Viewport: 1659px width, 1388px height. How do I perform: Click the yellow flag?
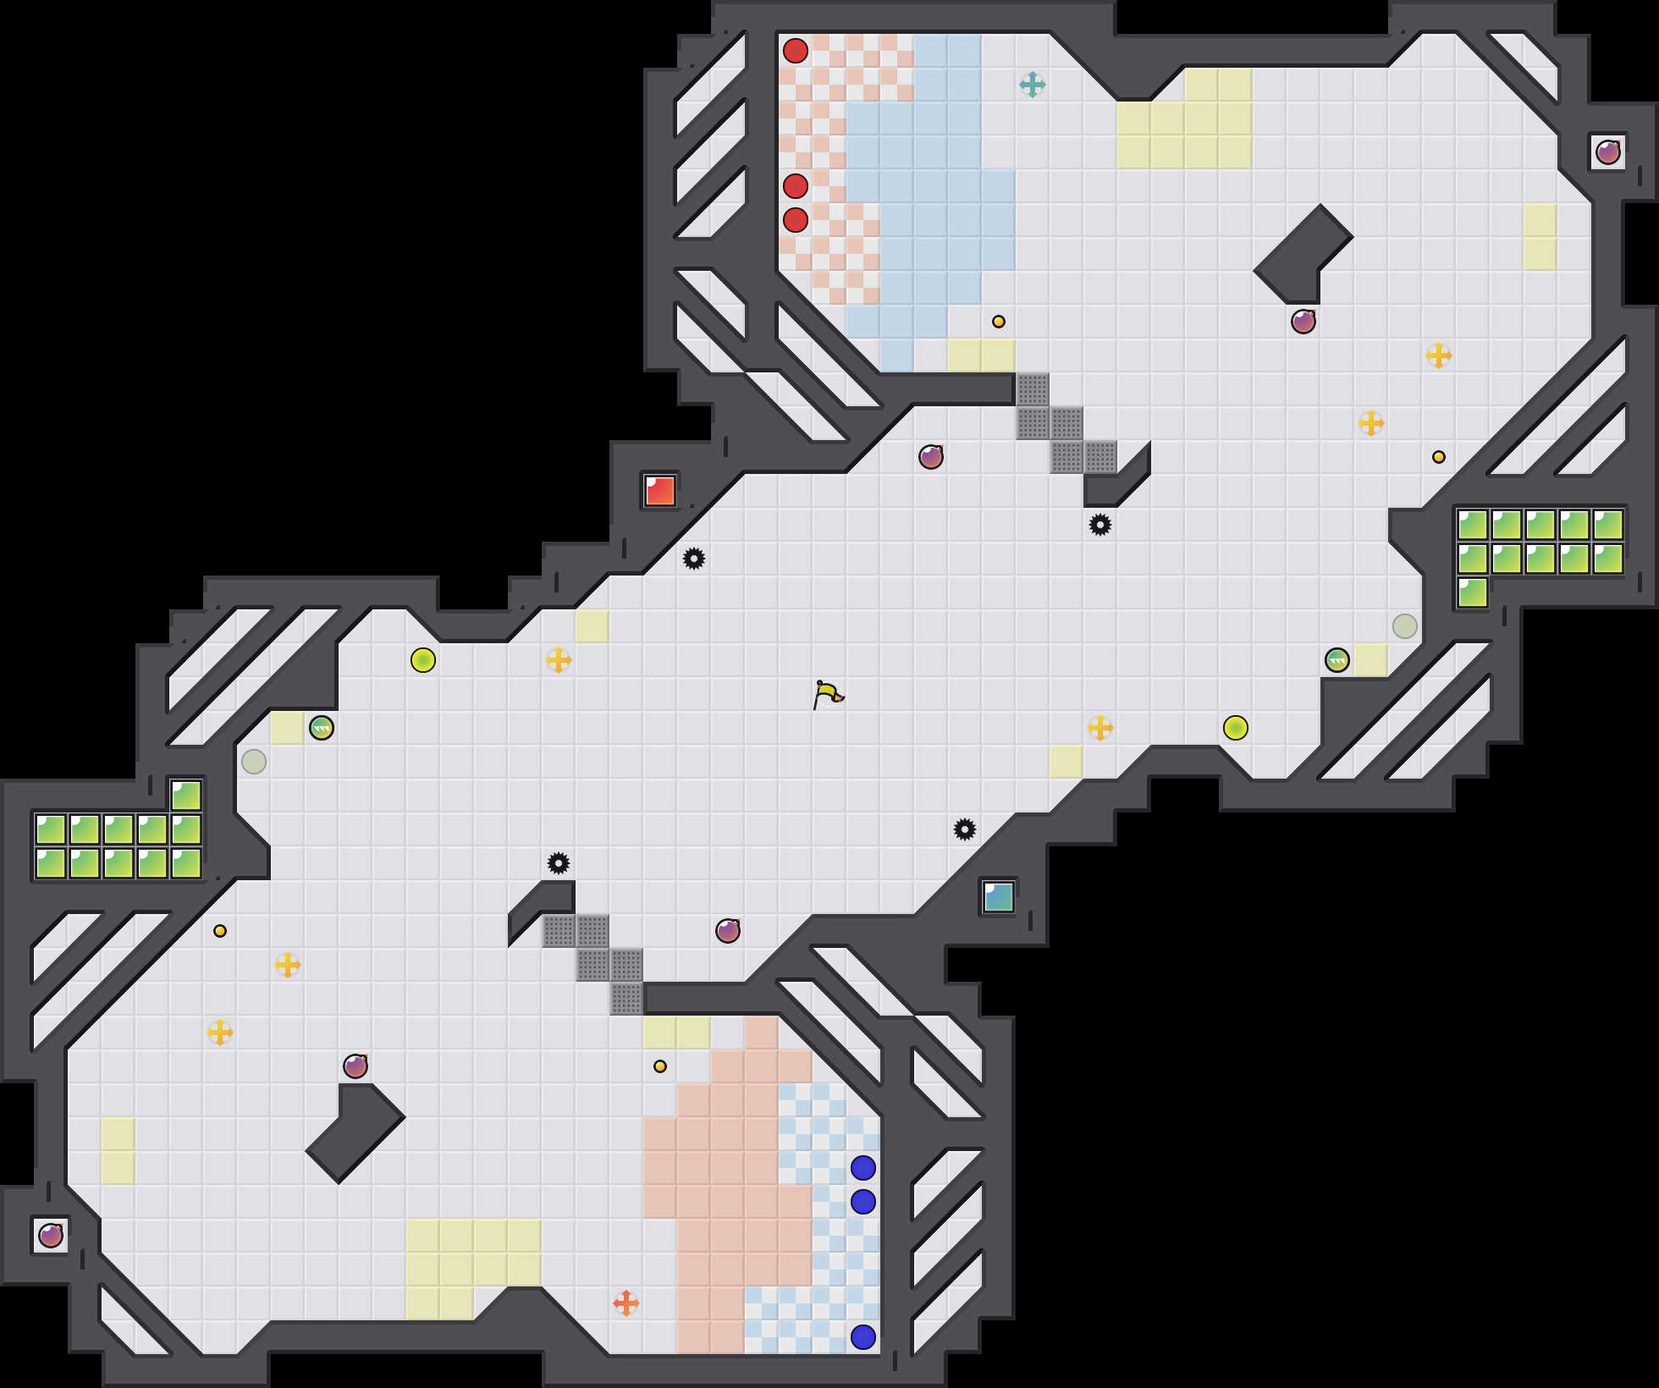[827, 694]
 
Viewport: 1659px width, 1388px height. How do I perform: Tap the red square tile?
[659, 491]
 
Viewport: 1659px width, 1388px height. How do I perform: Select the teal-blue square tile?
[998, 897]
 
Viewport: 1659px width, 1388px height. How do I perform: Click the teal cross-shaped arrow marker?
[1032, 85]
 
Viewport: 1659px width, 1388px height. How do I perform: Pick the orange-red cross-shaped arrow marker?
[626, 1303]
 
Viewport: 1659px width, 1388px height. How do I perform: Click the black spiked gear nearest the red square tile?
[693, 559]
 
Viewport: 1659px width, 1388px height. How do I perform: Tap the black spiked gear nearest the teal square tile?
[964, 829]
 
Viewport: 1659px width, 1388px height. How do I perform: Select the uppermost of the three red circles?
[795, 51]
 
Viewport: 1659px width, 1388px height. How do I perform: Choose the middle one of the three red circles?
[795, 186]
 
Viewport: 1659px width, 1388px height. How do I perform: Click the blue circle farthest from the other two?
[863, 1337]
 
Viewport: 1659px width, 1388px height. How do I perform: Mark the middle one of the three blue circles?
[863, 1202]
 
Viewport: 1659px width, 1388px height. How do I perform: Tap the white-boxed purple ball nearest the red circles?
[1607, 152]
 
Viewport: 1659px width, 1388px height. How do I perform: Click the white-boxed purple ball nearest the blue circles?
[51, 1236]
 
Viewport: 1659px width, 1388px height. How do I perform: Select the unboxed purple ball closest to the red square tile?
[930, 457]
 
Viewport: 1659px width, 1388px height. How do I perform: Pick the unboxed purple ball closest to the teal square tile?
[727, 931]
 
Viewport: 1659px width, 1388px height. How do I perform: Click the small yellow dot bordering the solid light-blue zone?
[998, 322]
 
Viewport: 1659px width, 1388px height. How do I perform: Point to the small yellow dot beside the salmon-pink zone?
[659, 1066]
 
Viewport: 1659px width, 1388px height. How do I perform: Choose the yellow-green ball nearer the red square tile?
[422, 660]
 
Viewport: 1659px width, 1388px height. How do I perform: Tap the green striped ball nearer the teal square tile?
[1337, 660]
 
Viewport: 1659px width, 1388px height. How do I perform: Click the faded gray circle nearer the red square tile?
[253, 762]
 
